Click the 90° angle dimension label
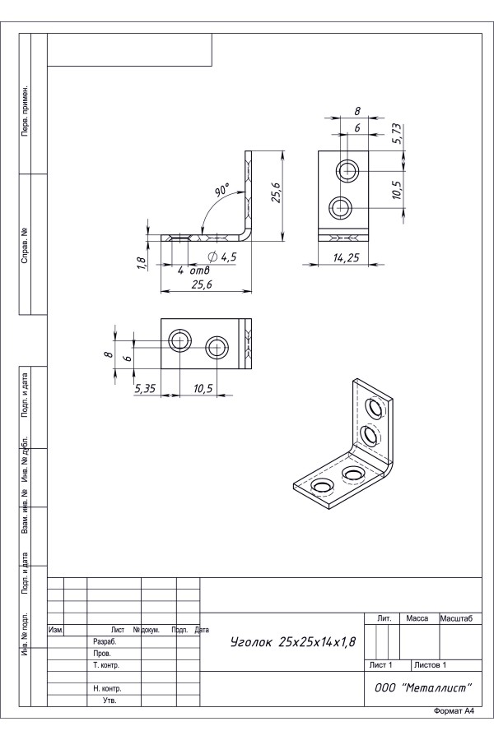click(x=222, y=192)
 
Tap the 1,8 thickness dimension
click(x=141, y=263)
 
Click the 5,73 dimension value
click(x=397, y=135)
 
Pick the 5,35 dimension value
click(x=145, y=388)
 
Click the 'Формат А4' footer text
click(x=454, y=710)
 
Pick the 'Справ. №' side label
click(x=27, y=243)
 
